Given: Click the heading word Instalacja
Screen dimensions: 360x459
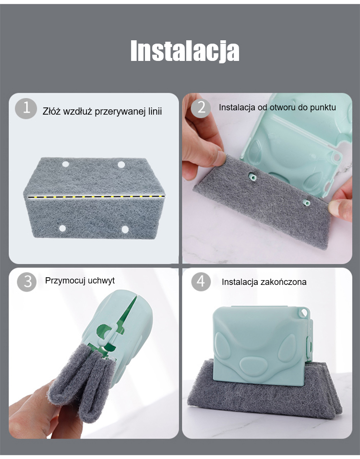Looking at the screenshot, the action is pos(185,51).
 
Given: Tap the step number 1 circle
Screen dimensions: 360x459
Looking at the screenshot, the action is pos(26,108).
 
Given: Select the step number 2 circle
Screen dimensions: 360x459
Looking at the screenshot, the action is pos(201,108).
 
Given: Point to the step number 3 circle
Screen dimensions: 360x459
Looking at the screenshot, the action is pos(27,282).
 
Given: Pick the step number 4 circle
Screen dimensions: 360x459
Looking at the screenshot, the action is pos(201,282).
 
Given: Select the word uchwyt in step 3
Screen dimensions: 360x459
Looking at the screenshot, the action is pos(101,281).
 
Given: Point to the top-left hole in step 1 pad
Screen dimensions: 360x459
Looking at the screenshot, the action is pos(66,164).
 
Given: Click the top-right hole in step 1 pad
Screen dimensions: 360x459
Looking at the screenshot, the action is pos(121,165).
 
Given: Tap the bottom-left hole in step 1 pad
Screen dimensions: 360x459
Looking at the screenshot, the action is pos(62,228).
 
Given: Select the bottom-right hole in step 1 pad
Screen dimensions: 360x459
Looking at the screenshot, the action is pos(125,229).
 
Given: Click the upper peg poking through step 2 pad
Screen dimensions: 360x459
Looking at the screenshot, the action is pos(252,177).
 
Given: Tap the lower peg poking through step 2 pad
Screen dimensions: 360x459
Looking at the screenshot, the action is pos(306,202).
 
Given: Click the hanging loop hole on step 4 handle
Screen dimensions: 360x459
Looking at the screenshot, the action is pos(304,313).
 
